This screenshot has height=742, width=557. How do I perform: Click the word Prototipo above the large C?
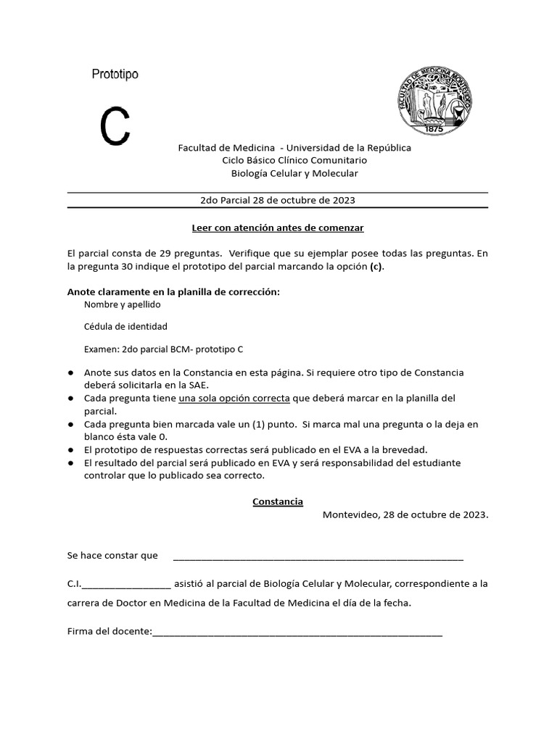coord(115,74)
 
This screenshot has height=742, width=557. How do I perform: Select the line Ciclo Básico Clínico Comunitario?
coord(294,160)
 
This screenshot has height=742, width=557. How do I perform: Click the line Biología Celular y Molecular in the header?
coord(294,173)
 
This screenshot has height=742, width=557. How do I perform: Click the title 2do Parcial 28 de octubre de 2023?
coord(277,200)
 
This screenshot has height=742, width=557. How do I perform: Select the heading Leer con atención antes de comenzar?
coord(277,228)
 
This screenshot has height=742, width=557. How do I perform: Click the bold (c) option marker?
coord(375,266)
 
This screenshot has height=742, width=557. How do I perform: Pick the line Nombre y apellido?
coord(122,304)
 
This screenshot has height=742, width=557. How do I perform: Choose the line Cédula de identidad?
coord(125,326)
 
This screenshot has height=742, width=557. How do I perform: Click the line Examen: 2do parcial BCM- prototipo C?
coord(163,349)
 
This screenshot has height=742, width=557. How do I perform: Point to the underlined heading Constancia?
coord(278,501)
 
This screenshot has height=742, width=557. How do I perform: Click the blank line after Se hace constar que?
coord(318,556)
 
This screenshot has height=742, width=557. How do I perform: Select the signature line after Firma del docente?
coord(297,632)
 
